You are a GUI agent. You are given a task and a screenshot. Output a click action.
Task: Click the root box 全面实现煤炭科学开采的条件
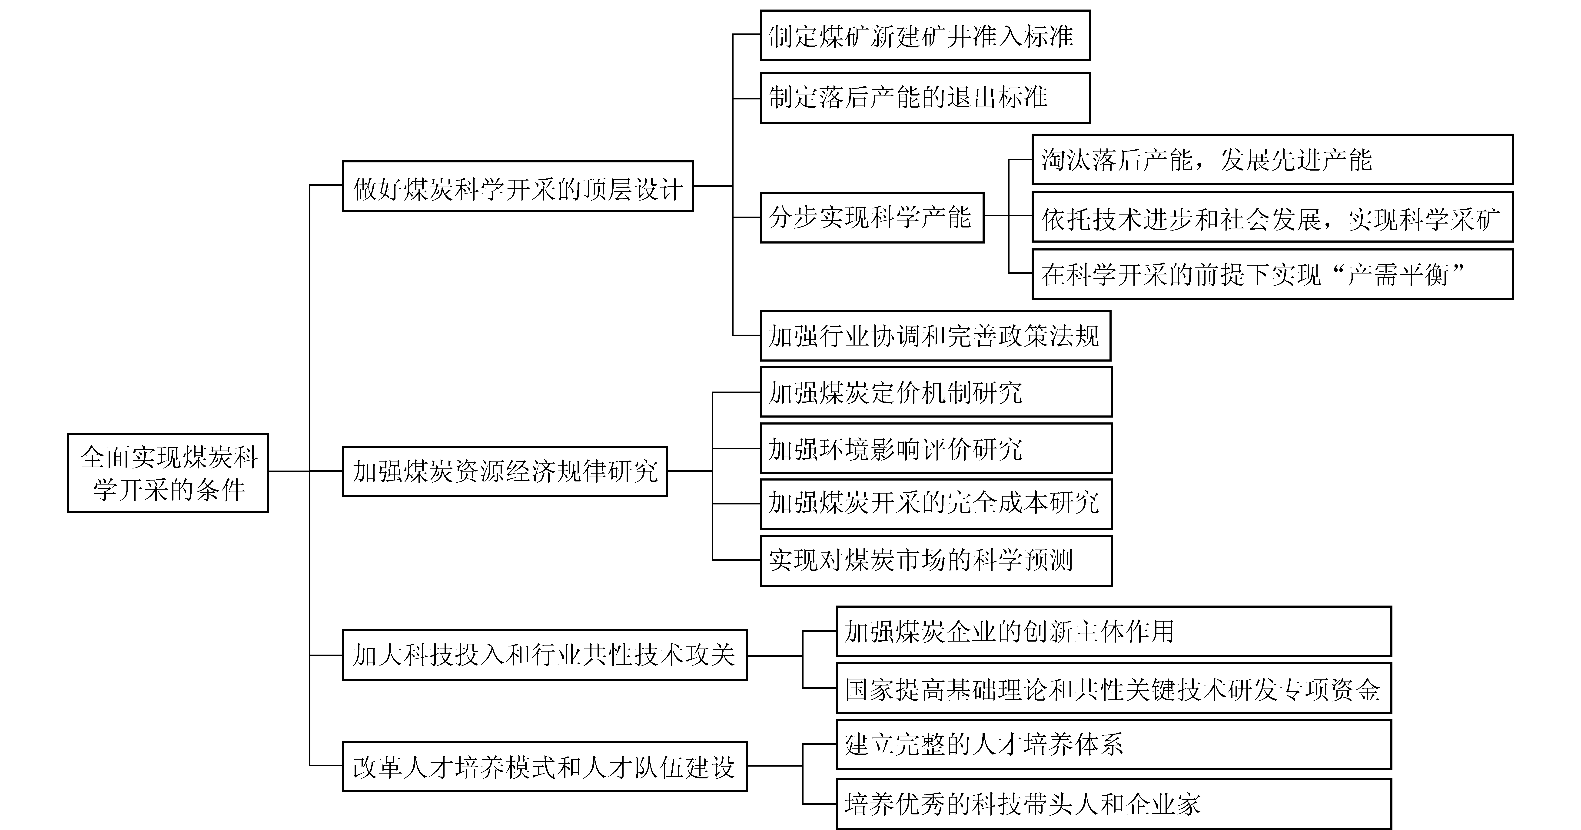[x=168, y=472]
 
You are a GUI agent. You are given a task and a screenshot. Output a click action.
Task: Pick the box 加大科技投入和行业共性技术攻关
[x=544, y=655]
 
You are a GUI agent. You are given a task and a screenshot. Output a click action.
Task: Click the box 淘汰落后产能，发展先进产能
[x=1272, y=159]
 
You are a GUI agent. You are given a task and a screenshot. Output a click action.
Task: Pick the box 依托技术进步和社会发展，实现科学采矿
[x=1272, y=217]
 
